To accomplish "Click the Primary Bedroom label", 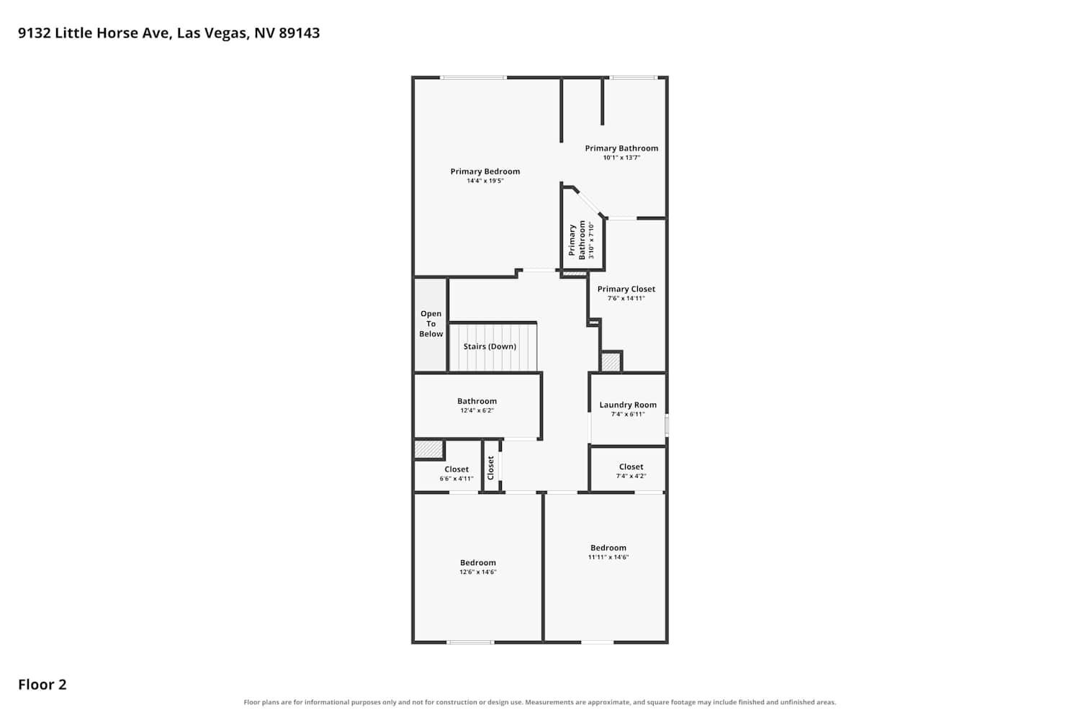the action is click(485, 171).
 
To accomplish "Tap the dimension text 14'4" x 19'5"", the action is click(485, 181).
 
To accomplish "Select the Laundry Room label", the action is click(628, 405).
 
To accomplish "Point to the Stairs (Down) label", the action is click(490, 346).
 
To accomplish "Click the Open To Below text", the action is click(431, 323).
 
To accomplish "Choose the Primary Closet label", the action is click(626, 289).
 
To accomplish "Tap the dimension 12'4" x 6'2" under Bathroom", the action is click(477, 410).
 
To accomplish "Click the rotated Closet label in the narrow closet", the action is click(491, 468).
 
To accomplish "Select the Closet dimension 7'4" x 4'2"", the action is click(631, 476).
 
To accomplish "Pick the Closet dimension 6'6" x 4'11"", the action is click(456, 479).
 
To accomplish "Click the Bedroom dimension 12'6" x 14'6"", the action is click(478, 572).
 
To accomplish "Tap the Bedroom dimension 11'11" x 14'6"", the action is click(608, 557).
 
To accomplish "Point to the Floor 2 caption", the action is click(42, 684).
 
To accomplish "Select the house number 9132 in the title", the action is click(35, 33).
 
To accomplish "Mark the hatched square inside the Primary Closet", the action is click(611, 362).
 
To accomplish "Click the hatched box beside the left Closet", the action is click(428, 449).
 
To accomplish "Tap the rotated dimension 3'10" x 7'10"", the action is click(591, 240).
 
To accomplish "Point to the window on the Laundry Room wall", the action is click(667, 426).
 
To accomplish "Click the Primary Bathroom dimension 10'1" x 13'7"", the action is click(621, 158).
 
